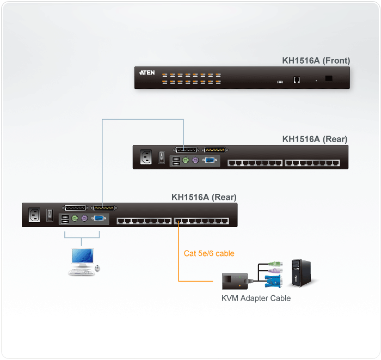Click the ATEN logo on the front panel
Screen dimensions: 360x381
pyautogui.click(x=147, y=72)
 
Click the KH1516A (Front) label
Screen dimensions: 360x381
pyautogui.click(x=316, y=60)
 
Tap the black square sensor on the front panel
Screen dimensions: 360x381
pyautogui.click(x=329, y=78)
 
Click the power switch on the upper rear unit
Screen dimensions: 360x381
pyautogui.click(x=161, y=157)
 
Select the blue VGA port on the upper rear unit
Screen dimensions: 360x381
pyautogui.click(x=208, y=161)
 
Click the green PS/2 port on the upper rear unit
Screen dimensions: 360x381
pyautogui.click(x=186, y=161)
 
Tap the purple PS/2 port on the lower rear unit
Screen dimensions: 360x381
pyautogui.click(x=84, y=219)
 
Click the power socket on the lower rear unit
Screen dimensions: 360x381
pyautogui.click(x=35, y=215)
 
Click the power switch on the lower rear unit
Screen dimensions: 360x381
pyautogui.click(x=49, y=215)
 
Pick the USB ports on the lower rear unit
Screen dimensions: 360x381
pyautogui.click(x=64, y=219)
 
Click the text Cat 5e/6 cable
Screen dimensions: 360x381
pyautogui.click(x=209, y=253)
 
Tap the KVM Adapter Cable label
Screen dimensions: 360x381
pyautogui.click(x=256, y=298)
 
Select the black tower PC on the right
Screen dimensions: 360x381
pyautogui.click(x=301, y=272)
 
